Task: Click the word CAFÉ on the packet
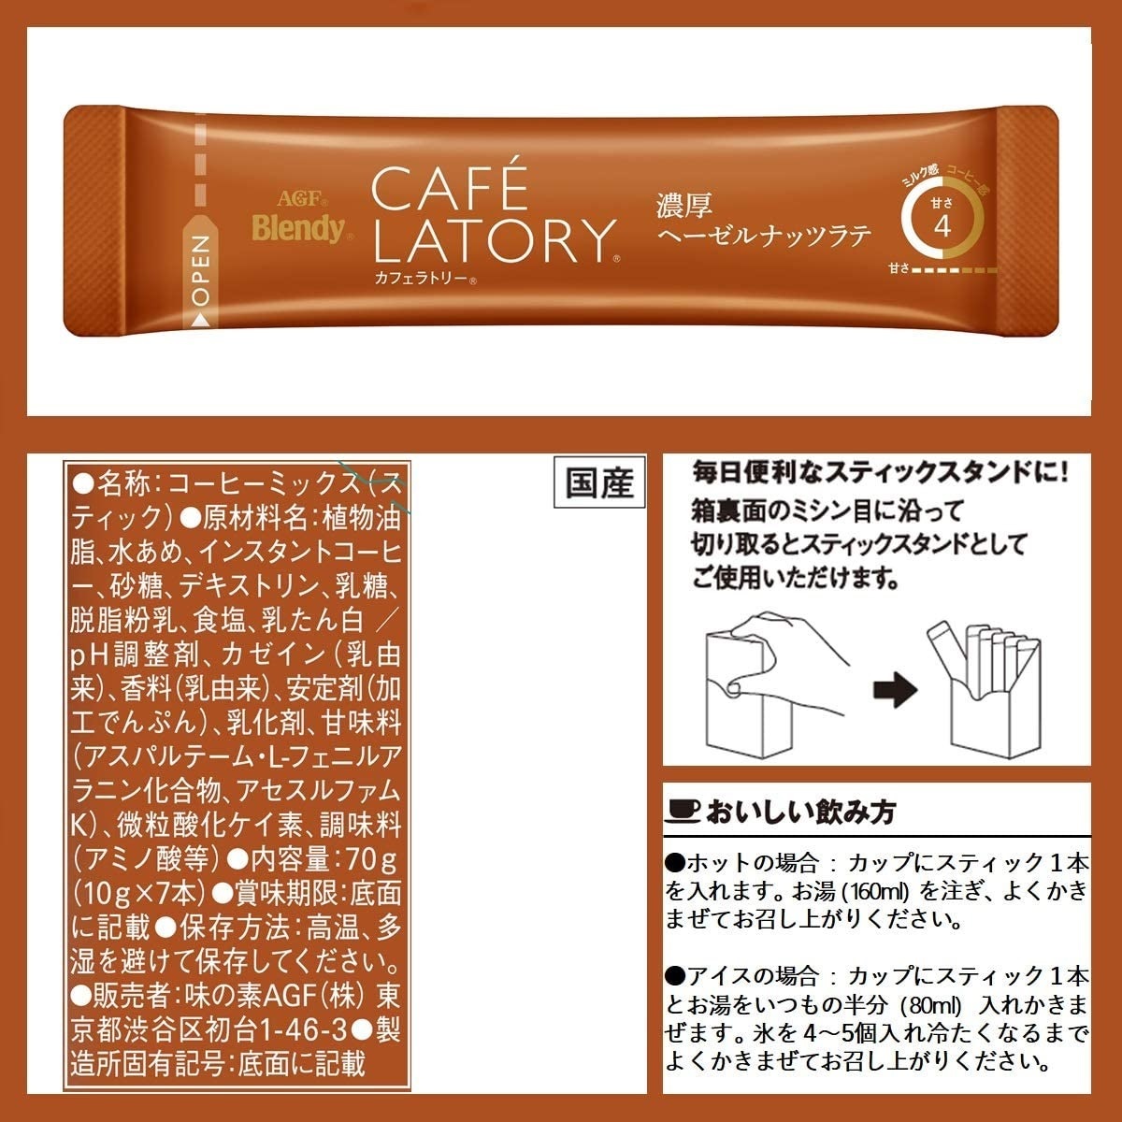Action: point(450,188)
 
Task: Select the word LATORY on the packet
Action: point(494,240)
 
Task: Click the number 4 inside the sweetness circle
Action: point(942,226)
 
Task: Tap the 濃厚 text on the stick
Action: point(683,205)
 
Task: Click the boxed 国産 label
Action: point(599,482)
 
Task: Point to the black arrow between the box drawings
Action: point(895,690)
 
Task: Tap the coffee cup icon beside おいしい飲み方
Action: point(683,811)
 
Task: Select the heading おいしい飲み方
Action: point(801,811)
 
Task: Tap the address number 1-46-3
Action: point(302,1030)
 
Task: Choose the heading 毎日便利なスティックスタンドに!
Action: point(880,471)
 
